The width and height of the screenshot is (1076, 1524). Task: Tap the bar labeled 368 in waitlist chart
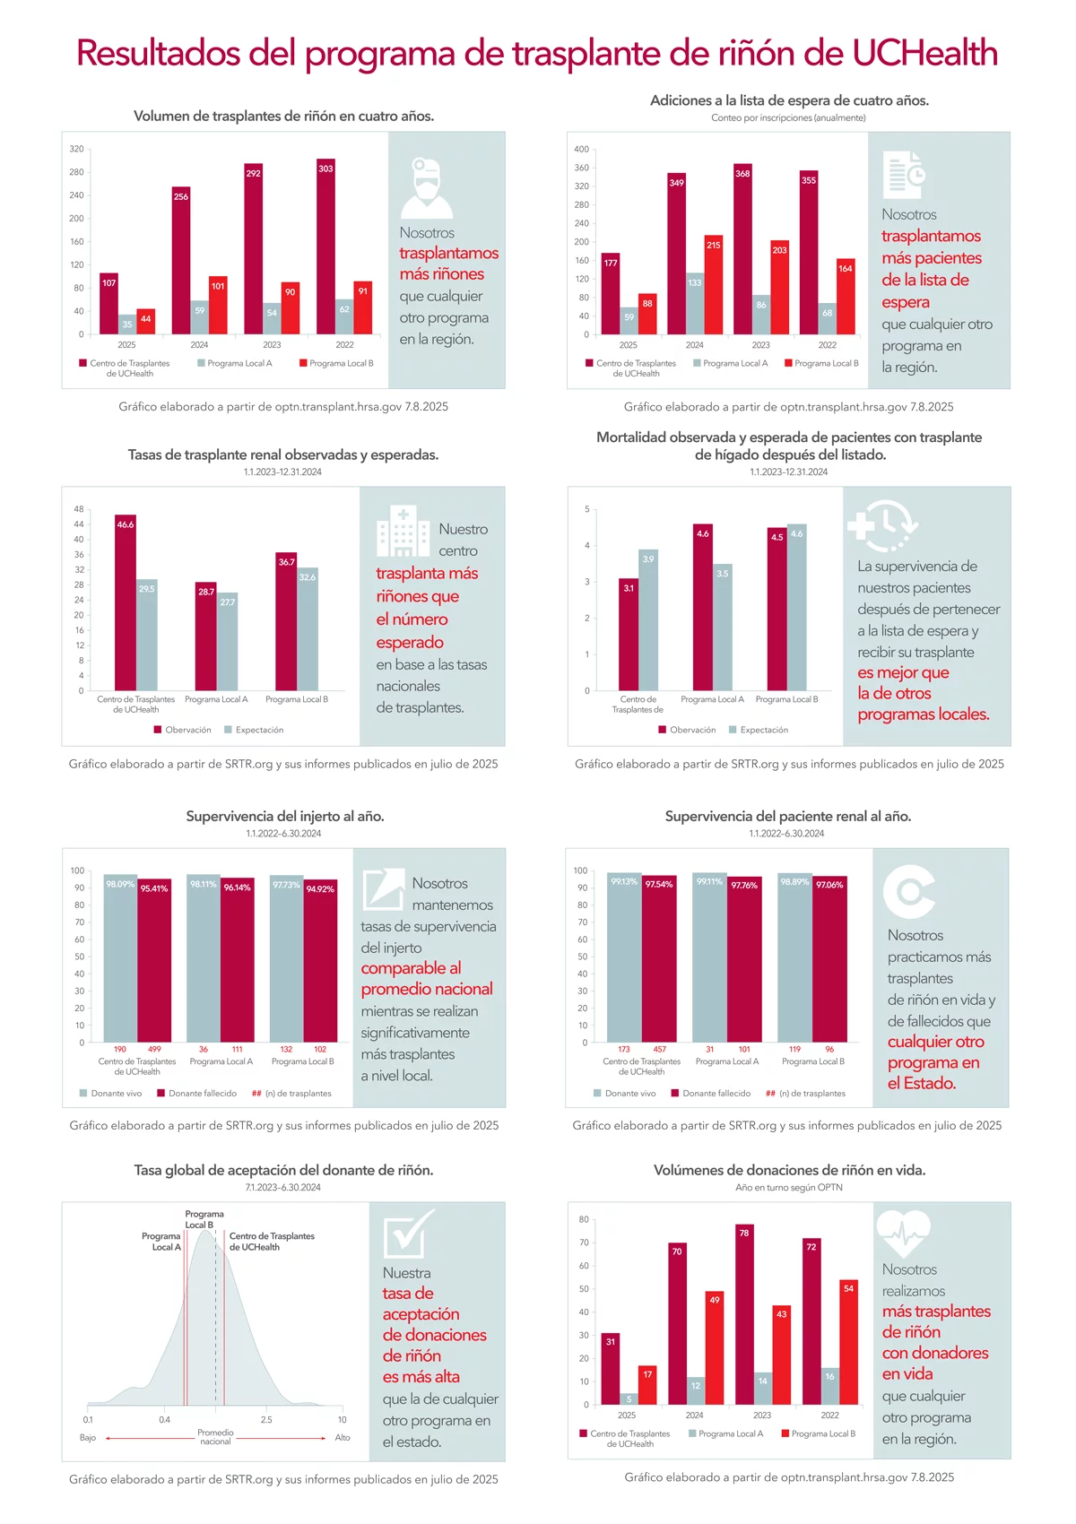pyautogui.click(x=742, y=249)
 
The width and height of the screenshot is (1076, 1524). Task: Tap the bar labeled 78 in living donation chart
pyautogui.click(x=744, y=1314)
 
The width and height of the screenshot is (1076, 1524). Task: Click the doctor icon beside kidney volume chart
pyautogui.click(x=427, y=187)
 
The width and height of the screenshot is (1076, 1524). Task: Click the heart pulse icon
pyautogui.click(x=903, y=1234)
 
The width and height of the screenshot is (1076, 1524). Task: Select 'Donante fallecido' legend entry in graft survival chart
pyautogui.click(x=202, y=1094)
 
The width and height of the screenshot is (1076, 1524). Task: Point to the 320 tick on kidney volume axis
pyautogui.click(x=77, y=149)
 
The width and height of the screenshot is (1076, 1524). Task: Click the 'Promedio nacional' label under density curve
pyautogui.click(x=215, y=1437)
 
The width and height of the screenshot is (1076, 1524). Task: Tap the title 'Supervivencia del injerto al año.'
pyautogui.click(x=285, y=817)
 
